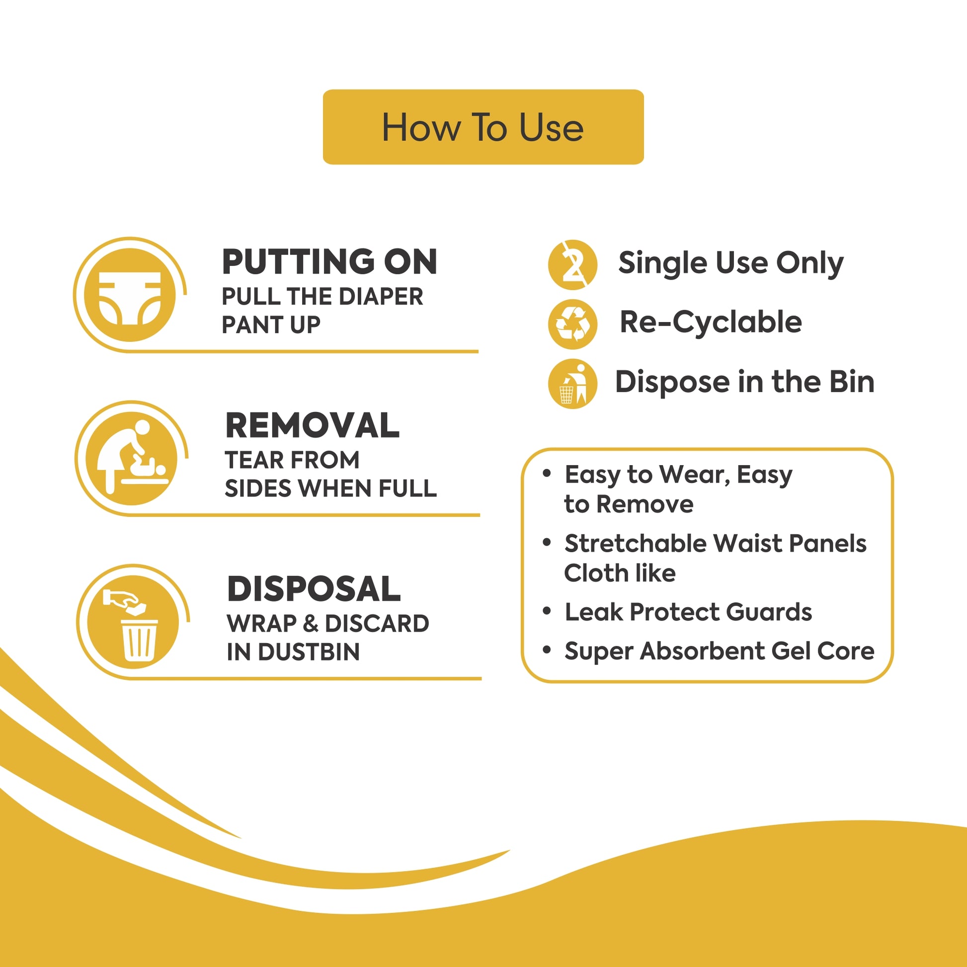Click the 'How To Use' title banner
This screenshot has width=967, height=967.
[483, 127]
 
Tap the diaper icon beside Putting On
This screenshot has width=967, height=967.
[130, 295]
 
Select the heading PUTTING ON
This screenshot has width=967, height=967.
[329, 262]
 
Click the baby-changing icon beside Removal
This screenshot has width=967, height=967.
[132, 459]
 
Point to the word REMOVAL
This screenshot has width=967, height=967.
[313, 425]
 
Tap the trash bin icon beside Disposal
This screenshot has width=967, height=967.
[133, 622]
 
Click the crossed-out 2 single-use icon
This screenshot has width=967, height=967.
[572, 265]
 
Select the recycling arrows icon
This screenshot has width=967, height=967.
[572, 324]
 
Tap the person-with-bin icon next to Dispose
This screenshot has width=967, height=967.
[572, 384]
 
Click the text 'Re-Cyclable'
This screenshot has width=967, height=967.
[711, 322]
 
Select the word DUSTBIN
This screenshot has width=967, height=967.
[309, 652]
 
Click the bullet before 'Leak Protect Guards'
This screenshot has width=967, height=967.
[547, 611]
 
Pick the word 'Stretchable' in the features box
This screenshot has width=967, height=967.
[635, 544]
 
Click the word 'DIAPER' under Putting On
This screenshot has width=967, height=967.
[381, 296]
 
